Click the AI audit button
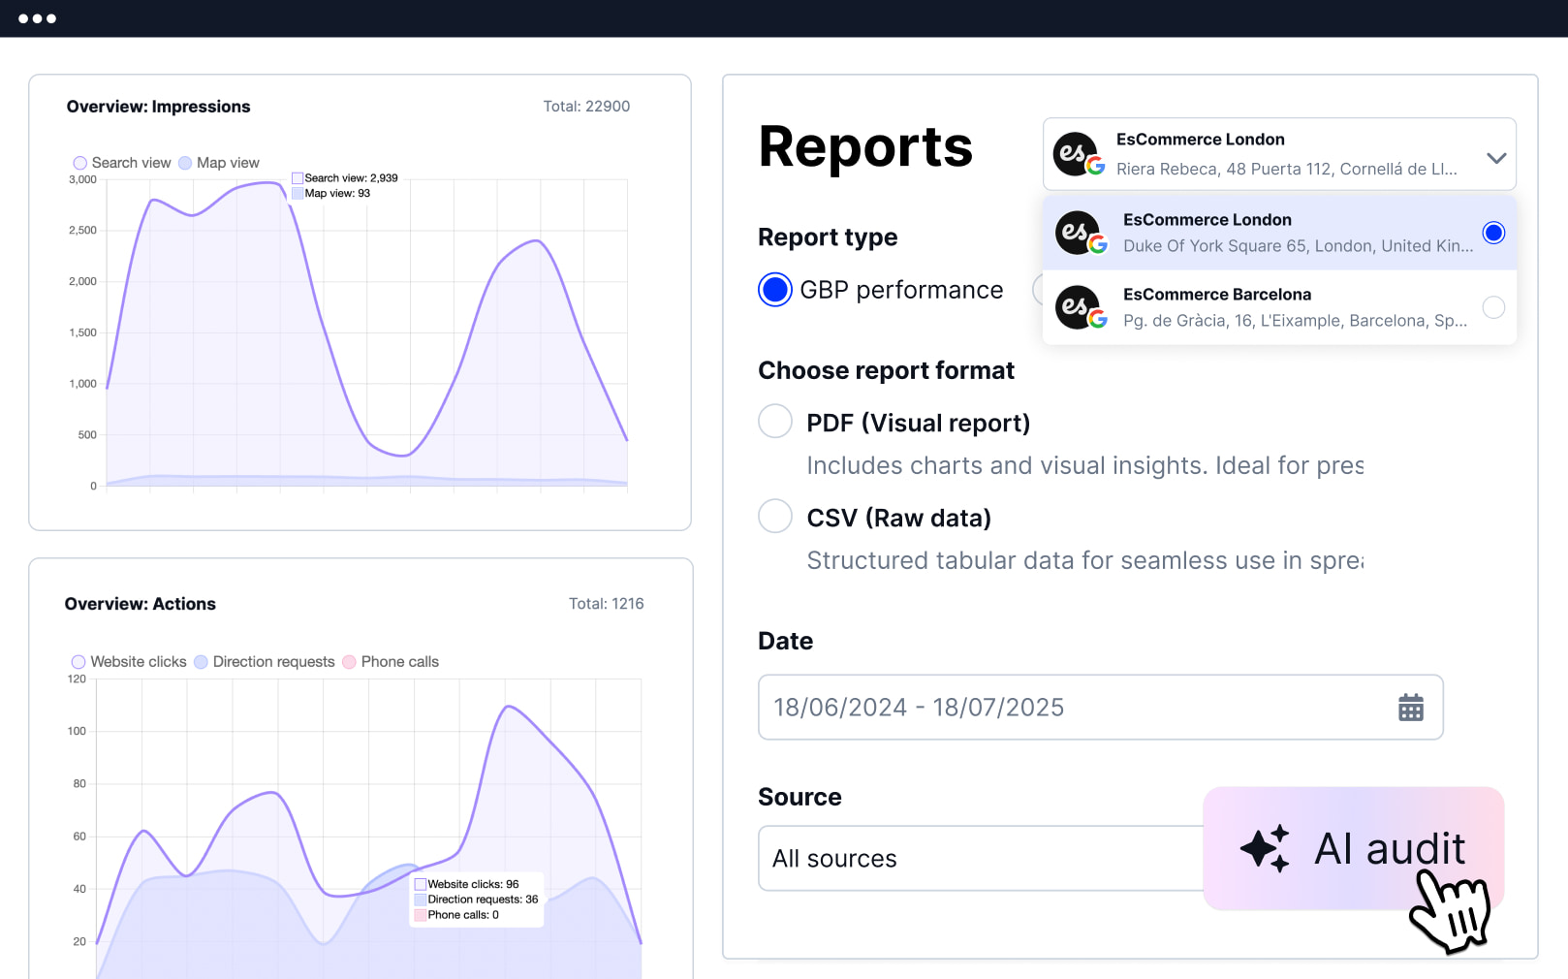coord(1353,848)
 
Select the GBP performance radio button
coord(775,290)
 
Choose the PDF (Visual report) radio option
coord(775,422)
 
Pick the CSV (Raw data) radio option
coord(775,517)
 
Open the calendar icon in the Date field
coord(1411,708)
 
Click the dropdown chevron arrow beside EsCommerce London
coord(1496,158)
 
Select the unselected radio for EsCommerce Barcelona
coord(1493,307)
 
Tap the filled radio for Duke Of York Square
coord(1493,233)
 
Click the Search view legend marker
coord(80,163)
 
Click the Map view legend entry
coord(219,163)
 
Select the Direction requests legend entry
coord(265,662)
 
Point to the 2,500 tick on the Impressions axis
coord(83,231)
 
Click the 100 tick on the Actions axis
coord(77,731)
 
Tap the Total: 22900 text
coord(586,107)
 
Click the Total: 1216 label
coord(606,604)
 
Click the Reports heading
coord(865,147)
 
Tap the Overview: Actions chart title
coord(141,604)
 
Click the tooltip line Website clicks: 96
coord(473,884)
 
